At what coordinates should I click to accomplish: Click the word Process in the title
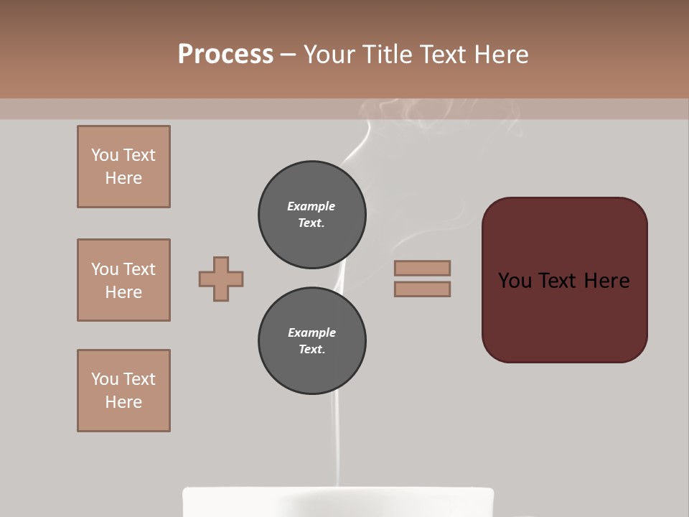coord(225,55)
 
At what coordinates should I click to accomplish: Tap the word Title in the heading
coord(388,55)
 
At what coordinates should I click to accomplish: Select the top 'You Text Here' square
coord(123,167)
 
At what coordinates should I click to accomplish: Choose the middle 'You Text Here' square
coord(123,280)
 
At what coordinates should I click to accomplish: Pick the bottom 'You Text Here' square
coord(123,391)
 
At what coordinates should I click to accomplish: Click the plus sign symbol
coord(221,279)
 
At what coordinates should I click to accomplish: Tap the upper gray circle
coord(311,214)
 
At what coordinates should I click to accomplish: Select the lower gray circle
coord(311,340)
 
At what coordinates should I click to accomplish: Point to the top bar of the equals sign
coord(422,268)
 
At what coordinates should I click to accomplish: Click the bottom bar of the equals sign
coord(422,289)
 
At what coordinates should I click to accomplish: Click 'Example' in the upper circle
coord(311,206)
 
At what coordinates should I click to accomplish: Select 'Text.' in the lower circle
coord(311,349)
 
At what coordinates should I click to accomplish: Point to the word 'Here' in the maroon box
coord(606,281)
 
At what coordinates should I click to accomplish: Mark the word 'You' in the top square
coord(105,155)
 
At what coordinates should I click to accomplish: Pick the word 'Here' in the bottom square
coord(123,402)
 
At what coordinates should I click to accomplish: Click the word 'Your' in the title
coord(330,55)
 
